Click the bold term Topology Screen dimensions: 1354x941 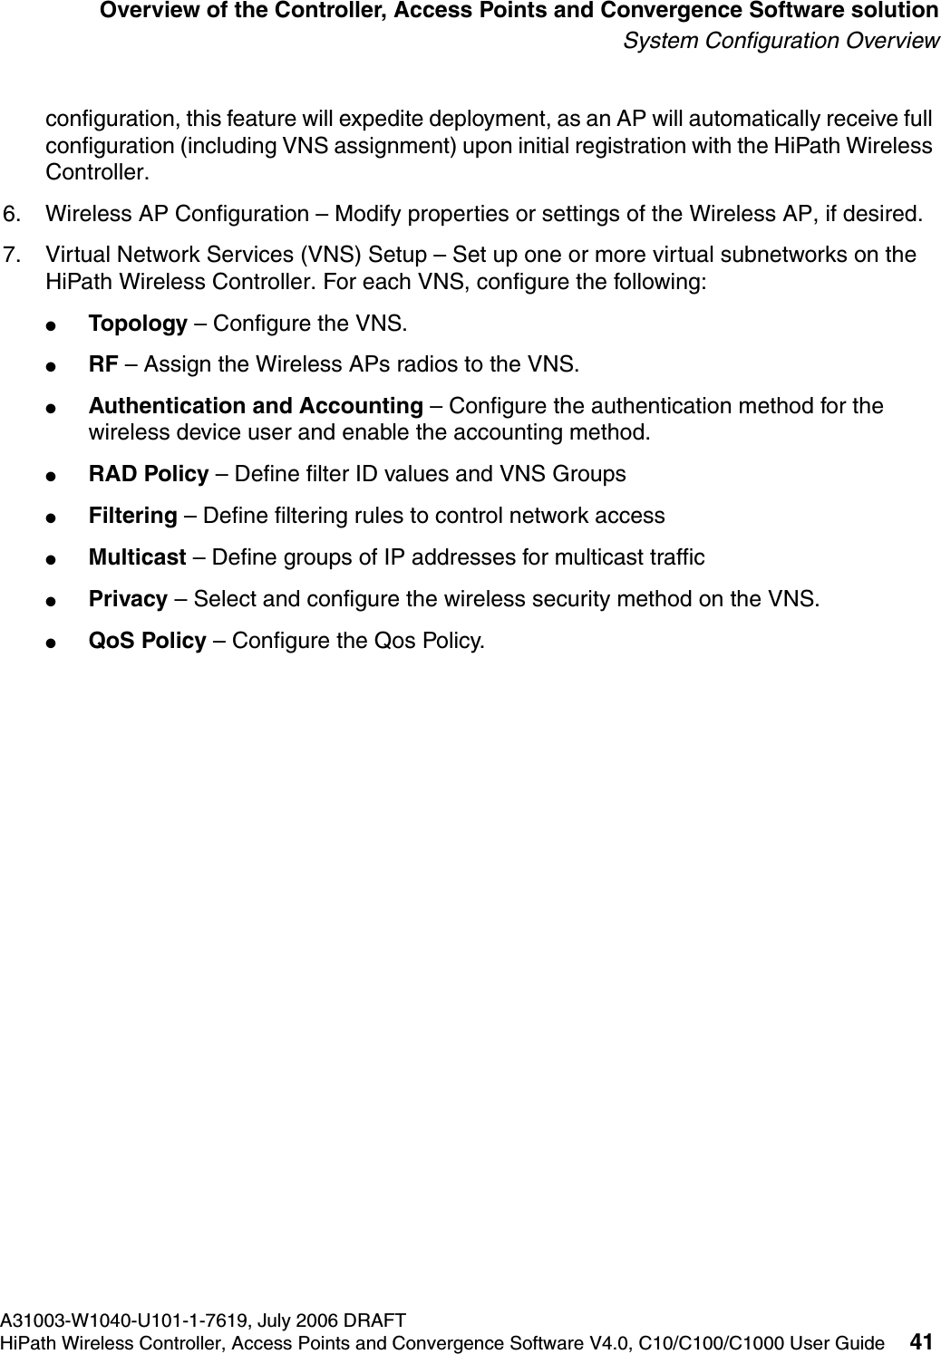tap(137, 324)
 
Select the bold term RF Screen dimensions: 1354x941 tap(102, 365)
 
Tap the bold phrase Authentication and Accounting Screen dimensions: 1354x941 tap(255, 406)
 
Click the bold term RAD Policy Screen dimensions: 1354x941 tap(148, 474)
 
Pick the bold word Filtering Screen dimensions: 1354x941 tap(132, 516)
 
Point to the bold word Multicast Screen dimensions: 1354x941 tap(137, 557)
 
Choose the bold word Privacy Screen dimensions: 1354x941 tap(127, 599)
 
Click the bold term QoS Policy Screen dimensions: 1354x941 tap(147, 641)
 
